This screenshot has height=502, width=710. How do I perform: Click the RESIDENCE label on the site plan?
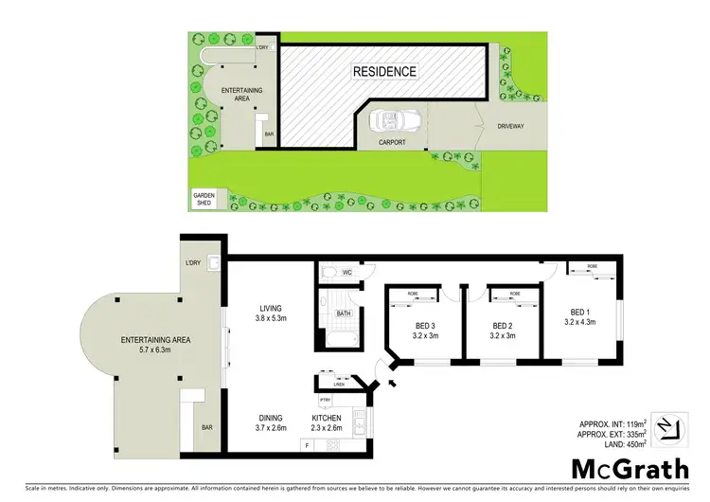point(384,71)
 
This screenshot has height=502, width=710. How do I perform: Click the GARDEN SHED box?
point(204,200)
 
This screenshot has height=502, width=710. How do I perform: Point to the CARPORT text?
point(392,143)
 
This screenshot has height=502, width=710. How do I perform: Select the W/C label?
point(346,274)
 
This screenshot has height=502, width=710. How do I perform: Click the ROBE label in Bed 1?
point(592,266)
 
